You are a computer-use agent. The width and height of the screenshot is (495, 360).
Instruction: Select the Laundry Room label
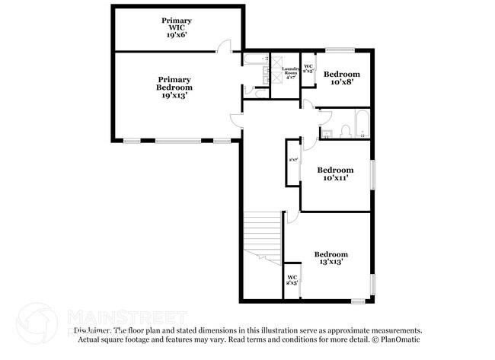[290, 73]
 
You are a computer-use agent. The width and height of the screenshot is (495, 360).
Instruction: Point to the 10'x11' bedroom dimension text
[335, 178]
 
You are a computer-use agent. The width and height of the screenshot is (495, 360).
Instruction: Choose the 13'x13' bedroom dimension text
[331, 263]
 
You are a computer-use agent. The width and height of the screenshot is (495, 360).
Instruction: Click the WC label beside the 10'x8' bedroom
[308, 68]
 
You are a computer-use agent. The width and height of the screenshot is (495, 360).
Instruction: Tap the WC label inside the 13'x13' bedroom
[292, 279]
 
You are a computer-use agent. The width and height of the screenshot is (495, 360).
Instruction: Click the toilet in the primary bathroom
[258, 93]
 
